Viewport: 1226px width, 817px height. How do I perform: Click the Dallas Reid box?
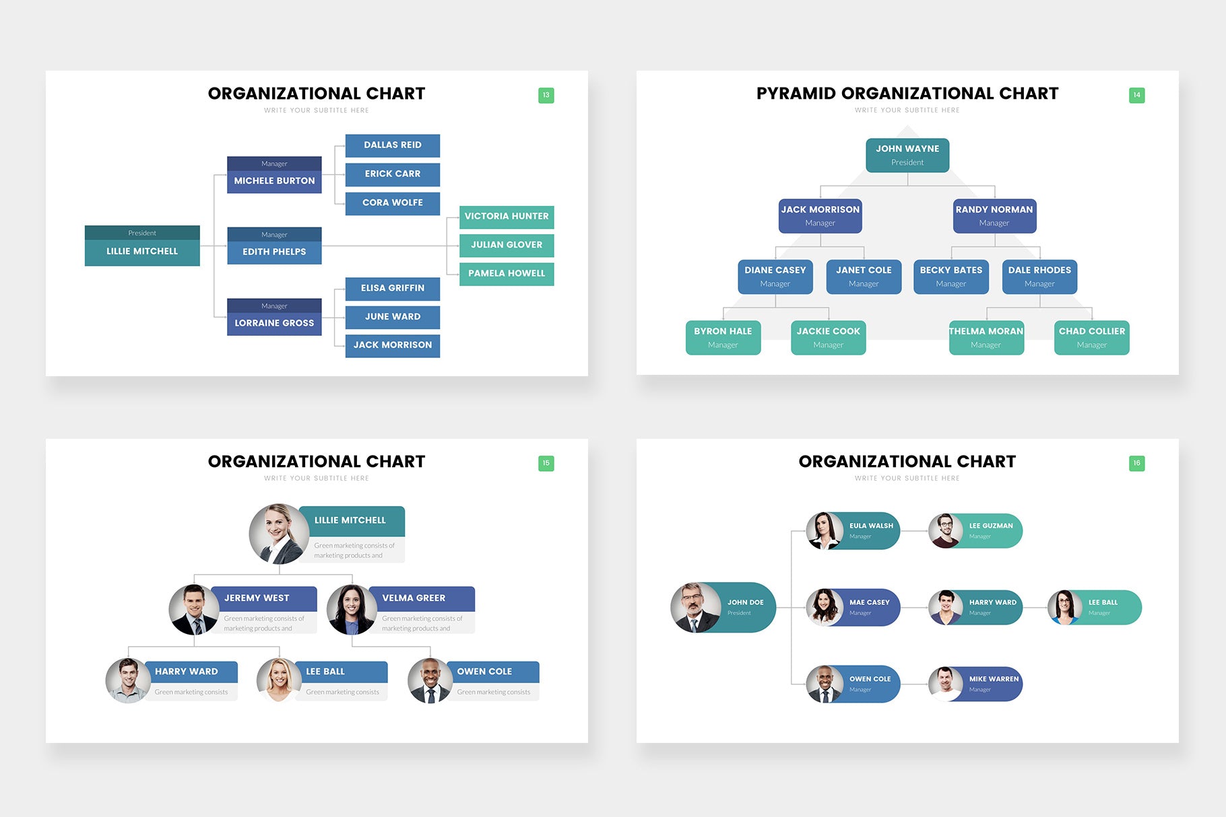[392, 145]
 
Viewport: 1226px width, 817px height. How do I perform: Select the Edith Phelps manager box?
[274, 246]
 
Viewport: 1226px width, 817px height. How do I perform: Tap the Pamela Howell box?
[507, 273]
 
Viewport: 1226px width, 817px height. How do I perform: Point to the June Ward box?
[392, 317]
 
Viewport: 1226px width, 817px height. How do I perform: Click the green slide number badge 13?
[546, 96]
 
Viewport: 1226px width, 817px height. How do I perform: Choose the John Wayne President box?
[907, 155]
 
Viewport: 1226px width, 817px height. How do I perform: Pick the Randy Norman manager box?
[994, 216]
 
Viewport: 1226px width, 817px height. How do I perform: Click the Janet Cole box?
[863, 277]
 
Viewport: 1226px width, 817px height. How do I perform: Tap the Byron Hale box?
[723, 338]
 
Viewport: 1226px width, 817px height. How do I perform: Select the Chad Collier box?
[1091, 338]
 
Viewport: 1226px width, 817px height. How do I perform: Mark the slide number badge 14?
[1136, 96]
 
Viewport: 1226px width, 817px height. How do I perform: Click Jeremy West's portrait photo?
[193, 610]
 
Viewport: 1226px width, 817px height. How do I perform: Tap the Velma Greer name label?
[414, 598]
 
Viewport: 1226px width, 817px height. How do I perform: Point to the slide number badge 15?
[546, 463]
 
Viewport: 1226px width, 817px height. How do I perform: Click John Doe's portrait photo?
[695, 607]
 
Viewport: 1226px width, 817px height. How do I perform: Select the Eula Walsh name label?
[871, 526]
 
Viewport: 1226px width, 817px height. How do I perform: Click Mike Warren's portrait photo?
[945, 684]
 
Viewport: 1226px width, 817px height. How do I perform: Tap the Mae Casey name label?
[869, 602]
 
